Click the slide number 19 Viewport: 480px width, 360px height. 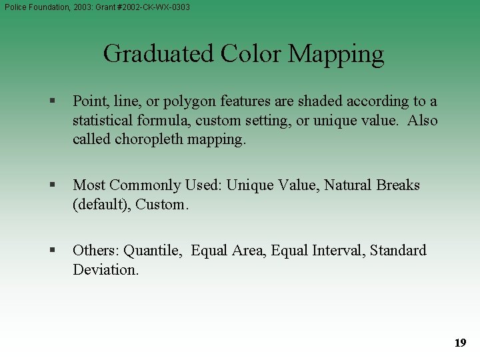click(x=460, y=343)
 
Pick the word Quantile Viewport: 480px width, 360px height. click(x=153, y=251)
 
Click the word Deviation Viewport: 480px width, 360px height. click(x=105, y=269)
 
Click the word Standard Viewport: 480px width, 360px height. click(x=398, y=251)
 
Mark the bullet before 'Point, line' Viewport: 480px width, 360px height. click(x=51, y=102)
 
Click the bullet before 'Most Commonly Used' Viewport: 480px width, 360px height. click(x=51, y=185)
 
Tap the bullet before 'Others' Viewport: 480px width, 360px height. click(x=51, y=251)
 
